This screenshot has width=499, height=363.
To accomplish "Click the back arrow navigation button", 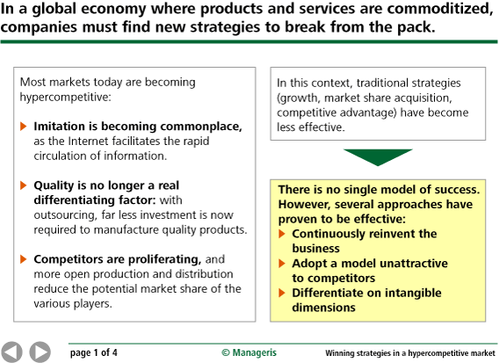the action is pyautogui.click(x=11, y=352).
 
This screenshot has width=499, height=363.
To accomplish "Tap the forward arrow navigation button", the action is pyautogui.click(x=40, y=352).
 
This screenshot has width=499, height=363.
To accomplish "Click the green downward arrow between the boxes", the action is pyautogui.click(x=378, y=157).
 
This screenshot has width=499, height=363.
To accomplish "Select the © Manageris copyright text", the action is pyautogui.click(x=249, y=352).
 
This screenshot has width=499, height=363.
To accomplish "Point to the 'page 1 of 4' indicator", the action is pyautogui.click(x=93, y=352).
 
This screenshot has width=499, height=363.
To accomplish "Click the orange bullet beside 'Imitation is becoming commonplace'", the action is pyautogui.click(x=23, y=126).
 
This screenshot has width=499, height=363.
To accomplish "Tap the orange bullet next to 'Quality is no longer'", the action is pyautogui.click(x=23, y=185).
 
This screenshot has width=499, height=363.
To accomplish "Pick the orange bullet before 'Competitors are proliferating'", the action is pyautogui.click(x=23, y=259).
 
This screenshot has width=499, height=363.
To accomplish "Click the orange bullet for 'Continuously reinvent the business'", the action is pyautogui.click(x=282, y=234).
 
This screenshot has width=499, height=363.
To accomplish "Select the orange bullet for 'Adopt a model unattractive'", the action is pyautogui.click(x=282, y=264).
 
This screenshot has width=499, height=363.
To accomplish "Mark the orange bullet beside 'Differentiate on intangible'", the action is pyautogui.click(x=282, y=293).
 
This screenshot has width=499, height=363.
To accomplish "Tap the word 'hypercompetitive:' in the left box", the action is pyautogui.click(x=66, y=97).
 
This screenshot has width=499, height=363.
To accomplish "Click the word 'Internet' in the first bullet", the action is pyautogui.click(x=88, y=141).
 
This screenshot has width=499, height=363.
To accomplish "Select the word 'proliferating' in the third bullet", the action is pyautogui.click(x=164, y=259).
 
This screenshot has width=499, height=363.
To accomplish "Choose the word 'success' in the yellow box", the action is pyautogui.click(x=458, y=190).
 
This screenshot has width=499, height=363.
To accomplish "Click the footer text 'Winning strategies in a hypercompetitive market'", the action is pyautogui.click(x=410, y=353).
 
